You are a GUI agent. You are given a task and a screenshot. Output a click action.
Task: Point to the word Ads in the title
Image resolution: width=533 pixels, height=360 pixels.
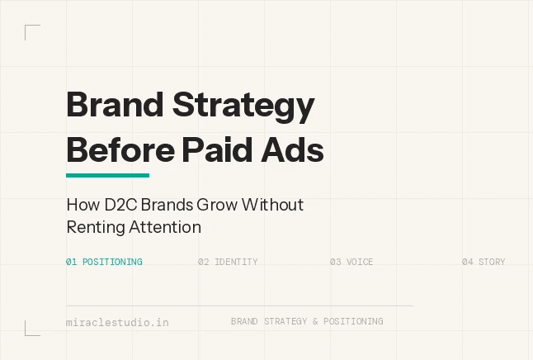coord(295,151)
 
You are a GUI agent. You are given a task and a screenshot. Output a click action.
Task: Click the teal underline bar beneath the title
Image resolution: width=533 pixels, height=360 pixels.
coord(107,175)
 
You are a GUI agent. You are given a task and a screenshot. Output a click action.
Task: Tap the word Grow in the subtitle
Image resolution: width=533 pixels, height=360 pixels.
coord(214,205)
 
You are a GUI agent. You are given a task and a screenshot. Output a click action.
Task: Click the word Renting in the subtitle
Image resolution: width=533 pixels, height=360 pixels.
coord(93,225)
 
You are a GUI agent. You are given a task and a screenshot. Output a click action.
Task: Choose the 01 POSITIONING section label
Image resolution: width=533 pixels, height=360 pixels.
coord(104,262)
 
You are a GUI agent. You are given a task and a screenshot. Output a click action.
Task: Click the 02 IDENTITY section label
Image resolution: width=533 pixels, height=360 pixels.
coord(228,262)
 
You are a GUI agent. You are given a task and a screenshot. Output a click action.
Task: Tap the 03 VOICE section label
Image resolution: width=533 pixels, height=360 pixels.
coord(351,262)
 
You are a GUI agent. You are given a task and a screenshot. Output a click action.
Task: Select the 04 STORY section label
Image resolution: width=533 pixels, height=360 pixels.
coord(483,262)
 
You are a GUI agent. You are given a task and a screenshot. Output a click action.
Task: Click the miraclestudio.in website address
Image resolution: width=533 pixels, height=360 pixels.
coord(117,322)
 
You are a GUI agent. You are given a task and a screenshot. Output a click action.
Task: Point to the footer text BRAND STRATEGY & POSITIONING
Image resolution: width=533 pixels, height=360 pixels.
coord(307,321)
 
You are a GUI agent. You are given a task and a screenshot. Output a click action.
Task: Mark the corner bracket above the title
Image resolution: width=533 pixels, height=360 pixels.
coord(31,31)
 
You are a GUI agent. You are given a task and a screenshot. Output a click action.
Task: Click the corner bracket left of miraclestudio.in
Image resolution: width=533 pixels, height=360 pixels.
coord(31,329)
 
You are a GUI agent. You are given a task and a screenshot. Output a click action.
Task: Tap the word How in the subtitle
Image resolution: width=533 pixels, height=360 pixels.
coord(80,205)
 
